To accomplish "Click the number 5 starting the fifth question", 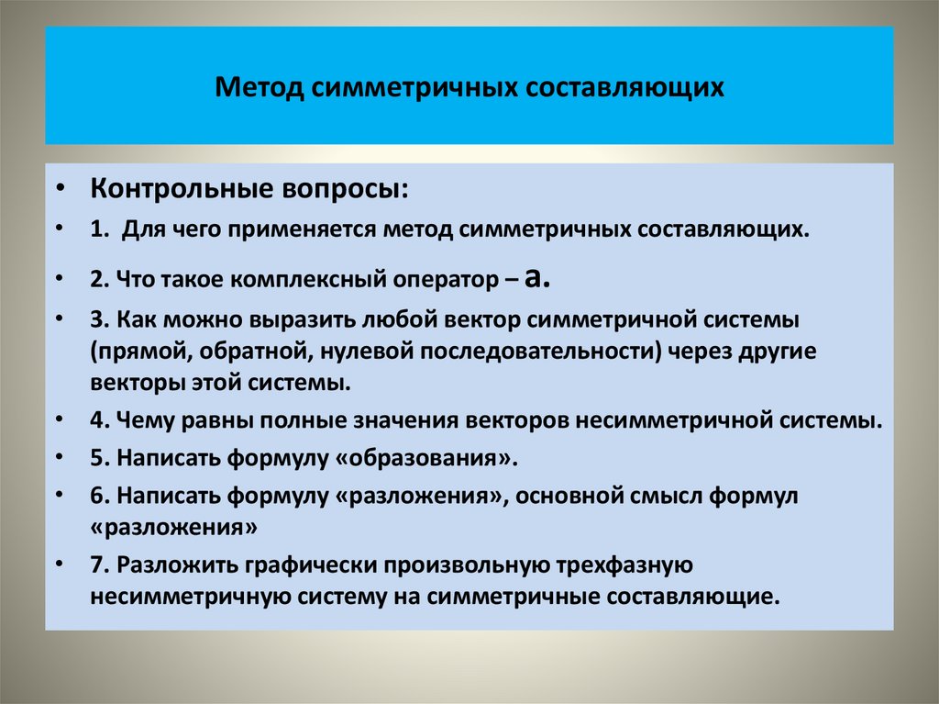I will [96, 456].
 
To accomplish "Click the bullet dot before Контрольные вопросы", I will [60, 191].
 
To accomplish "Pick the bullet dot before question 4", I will [60, 421].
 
